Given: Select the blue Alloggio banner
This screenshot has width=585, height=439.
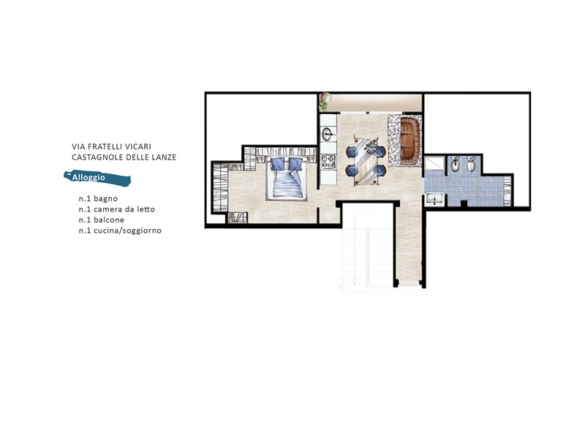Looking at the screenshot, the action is coord(97,178).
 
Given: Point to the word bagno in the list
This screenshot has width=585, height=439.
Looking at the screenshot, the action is coord(105,199).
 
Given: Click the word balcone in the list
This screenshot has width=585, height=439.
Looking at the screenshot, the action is coord(109,220).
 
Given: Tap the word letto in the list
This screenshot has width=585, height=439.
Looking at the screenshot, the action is coord(146,209).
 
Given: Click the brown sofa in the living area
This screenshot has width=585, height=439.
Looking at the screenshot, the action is coord(410,139).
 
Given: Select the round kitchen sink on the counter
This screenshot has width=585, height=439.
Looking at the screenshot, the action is coord(328,134).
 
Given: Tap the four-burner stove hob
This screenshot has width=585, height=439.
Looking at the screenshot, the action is coord(328,162).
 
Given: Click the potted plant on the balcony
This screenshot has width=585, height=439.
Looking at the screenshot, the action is coord(325,101).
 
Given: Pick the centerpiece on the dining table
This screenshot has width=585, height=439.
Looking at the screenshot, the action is coord(371,147).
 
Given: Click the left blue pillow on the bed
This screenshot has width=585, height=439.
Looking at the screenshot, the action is coord(278,164).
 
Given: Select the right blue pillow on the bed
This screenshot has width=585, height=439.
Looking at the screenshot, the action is coord(295,164).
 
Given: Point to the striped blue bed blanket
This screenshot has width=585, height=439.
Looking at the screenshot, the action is coord(287,184).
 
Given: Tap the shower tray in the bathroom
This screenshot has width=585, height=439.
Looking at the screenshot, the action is coord(434,163).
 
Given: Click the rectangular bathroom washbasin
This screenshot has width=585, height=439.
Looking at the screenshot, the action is coord(434,199).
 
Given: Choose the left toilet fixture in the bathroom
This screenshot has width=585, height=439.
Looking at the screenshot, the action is coord(455,164).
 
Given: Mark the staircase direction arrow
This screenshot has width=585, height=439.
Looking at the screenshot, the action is coord(354,282).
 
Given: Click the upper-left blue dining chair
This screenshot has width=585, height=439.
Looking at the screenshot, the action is coord(352,152).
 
